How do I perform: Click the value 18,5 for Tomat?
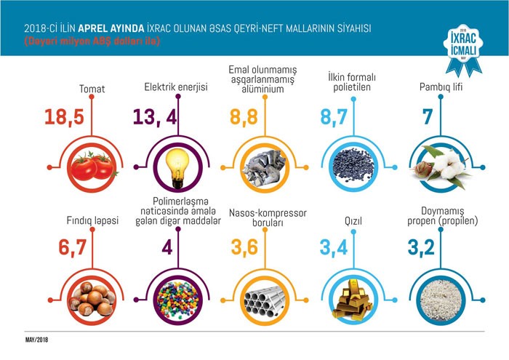click(x=70, y=117)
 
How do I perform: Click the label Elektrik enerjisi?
click(x=176, y=89)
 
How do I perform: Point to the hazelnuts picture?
click(x=92, y=297)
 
